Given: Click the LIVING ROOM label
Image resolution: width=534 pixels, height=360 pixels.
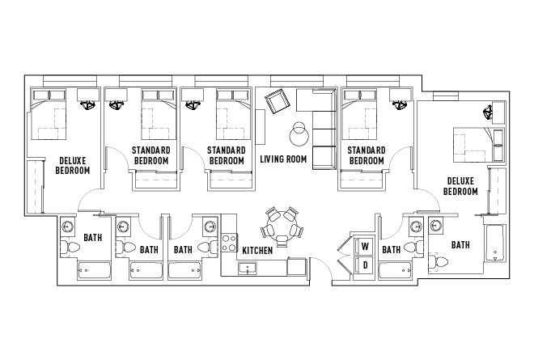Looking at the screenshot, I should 283,159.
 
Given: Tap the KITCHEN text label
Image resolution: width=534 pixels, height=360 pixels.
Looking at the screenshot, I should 257,251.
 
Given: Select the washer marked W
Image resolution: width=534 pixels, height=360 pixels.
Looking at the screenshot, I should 365,246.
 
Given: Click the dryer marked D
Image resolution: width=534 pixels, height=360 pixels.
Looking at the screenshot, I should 365,265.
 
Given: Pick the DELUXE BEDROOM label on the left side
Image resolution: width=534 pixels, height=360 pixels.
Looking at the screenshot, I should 72,165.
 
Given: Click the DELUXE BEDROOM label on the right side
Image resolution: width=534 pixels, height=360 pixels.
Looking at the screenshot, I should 460,186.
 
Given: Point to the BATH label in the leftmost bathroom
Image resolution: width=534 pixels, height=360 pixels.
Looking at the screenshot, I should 93,239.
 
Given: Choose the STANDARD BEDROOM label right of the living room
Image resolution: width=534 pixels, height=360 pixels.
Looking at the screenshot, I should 366,155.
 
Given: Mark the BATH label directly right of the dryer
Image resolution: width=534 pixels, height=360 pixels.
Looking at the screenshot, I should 392,250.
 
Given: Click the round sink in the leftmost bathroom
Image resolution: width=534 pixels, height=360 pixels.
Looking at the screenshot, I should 68,226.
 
